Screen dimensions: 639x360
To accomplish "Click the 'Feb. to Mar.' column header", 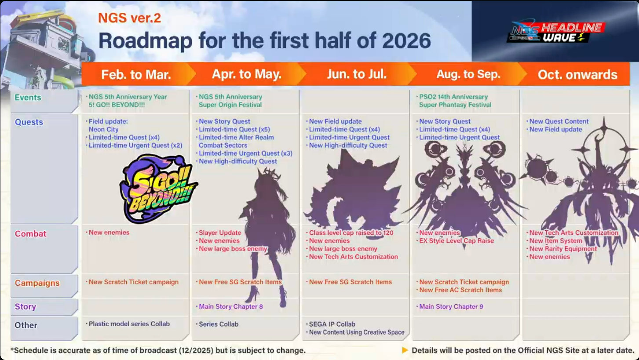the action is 136,75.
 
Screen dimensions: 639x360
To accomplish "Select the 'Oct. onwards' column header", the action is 577,75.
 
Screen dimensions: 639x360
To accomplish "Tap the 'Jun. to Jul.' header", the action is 357,74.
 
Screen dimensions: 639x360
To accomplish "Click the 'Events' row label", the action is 28,98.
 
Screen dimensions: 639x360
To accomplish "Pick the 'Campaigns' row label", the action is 37,283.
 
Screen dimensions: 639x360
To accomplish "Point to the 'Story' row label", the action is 26,307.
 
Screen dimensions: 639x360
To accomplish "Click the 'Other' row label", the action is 26,325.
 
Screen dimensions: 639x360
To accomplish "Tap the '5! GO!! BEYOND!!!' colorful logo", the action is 158,189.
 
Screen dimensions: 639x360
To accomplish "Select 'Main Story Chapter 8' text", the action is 231,307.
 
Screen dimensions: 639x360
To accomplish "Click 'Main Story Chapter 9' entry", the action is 451,307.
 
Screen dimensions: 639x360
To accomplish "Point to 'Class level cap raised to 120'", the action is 351,233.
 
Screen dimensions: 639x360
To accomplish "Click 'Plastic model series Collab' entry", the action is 129,324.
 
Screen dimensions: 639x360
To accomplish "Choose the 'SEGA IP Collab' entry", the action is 332,324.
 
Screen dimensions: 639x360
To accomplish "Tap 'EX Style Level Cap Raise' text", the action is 456,241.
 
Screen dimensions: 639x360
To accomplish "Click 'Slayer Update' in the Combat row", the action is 220,233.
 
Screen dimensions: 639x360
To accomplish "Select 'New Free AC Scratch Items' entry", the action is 460,290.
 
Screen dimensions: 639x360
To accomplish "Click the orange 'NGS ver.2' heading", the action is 129,18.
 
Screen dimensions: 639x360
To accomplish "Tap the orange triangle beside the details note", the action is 405,350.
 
